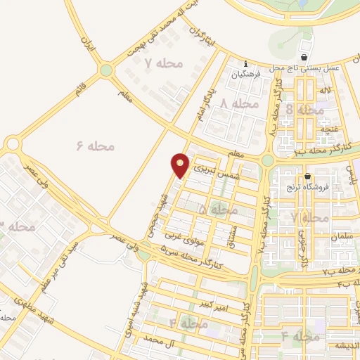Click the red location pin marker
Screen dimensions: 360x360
181,165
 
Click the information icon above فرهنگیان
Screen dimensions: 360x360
245,63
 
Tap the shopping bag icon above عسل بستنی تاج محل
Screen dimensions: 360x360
304,57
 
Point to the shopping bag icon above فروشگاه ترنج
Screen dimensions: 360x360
307,176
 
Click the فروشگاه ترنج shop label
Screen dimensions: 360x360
302,188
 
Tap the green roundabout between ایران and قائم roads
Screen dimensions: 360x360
106,70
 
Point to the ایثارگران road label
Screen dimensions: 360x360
204,40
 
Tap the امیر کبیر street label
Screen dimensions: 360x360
214,304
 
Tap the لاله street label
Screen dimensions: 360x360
324,91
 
